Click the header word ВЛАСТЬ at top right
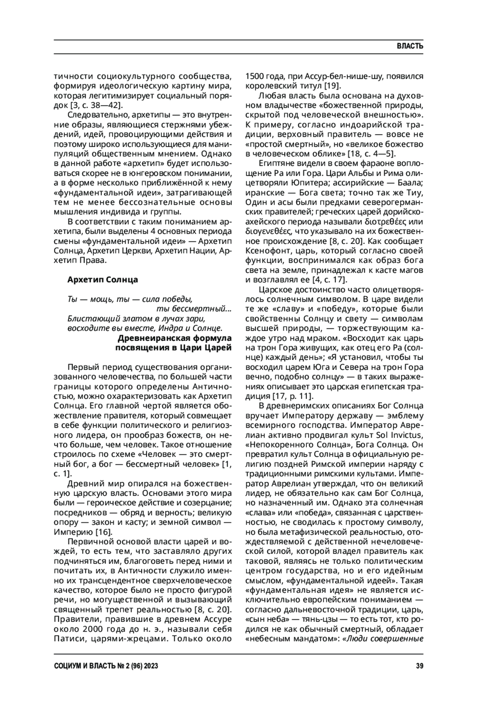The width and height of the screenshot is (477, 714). [x=409, y=46]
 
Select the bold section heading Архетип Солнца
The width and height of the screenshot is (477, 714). [x=103, y=279]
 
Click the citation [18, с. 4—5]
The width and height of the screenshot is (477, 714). [x=372, y=153]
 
